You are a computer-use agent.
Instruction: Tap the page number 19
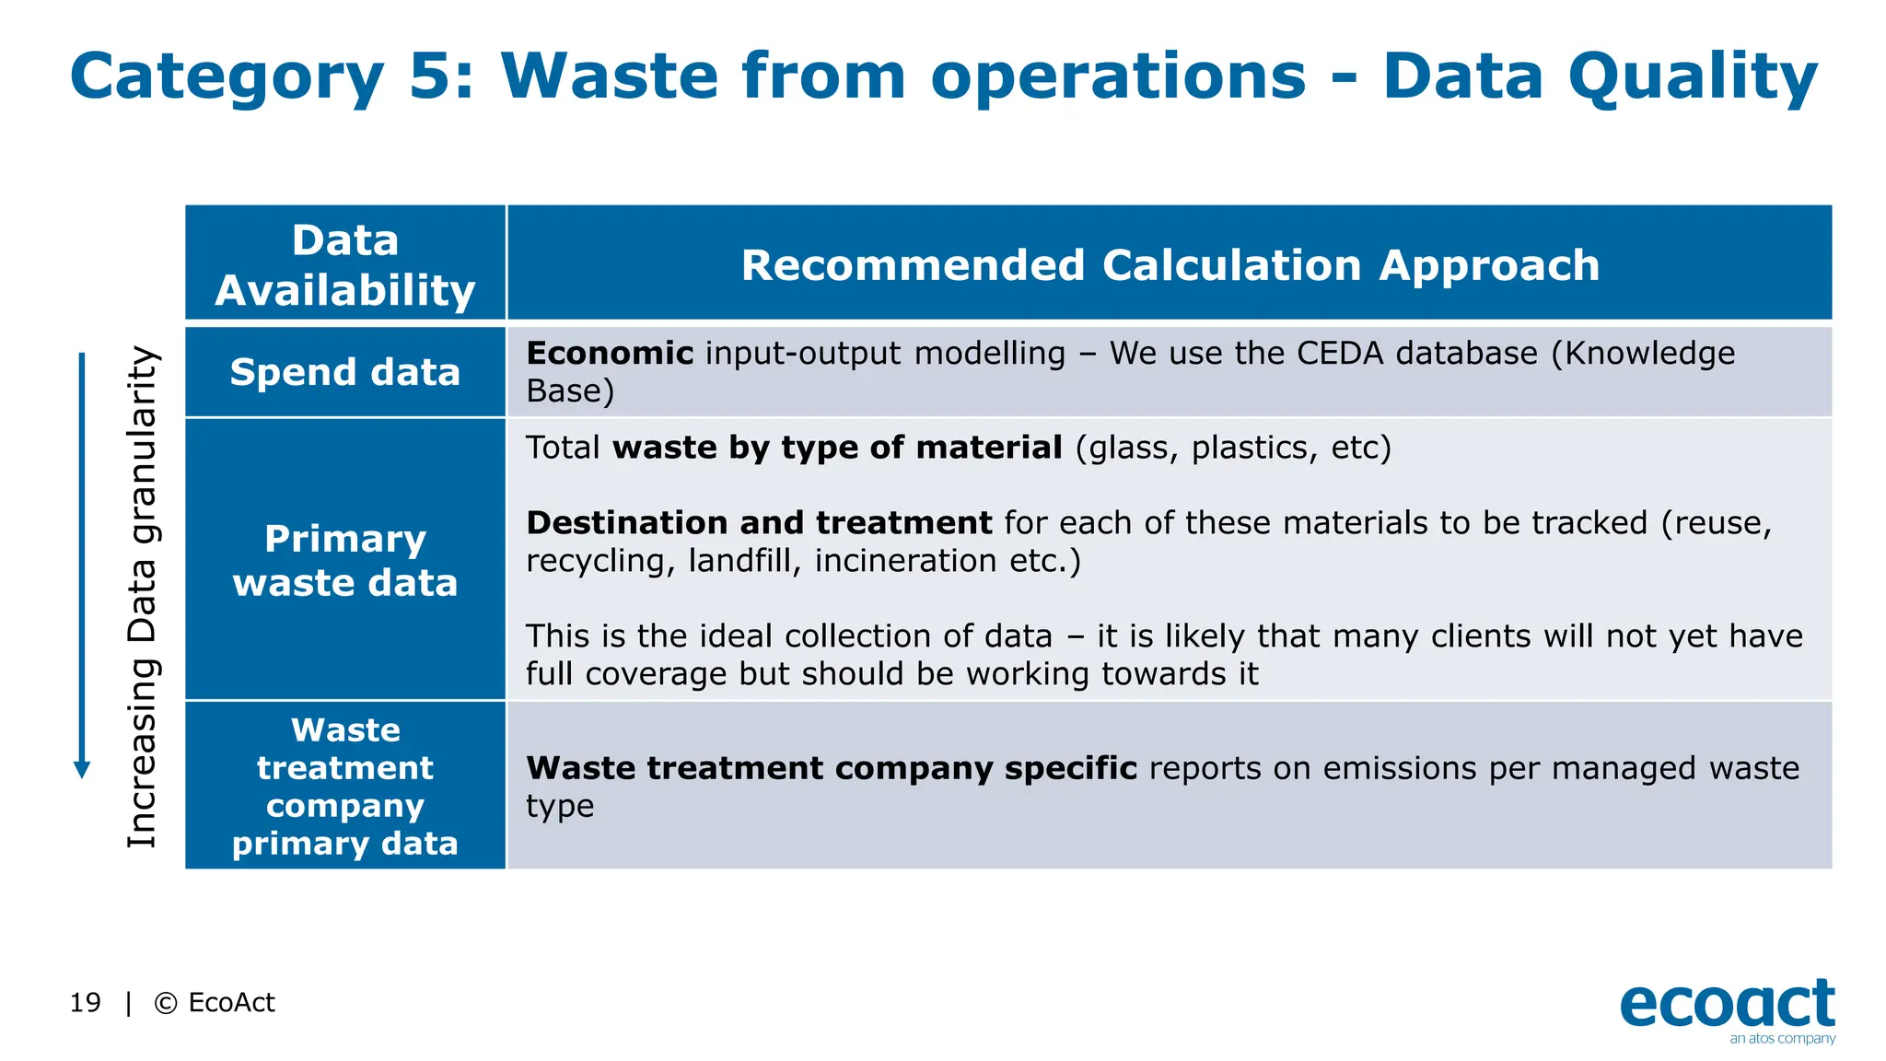pyautogui.click(x=85, y=1002)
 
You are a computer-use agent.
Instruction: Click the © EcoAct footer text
pyautogui.click(x=215, y=1002)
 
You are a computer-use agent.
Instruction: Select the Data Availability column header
pyautogui.click(x=345, y=264)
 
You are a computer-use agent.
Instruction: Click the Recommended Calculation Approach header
pyautogui.click(x=1170, y=265)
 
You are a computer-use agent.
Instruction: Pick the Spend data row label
pyautogui.click(x=345, y=372)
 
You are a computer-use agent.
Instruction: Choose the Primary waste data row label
pyautogui.click(x=345, y=560)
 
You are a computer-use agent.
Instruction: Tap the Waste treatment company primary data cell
pyautogui.click(x=345, y=786)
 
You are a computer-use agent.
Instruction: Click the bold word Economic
pyautogui.click(x=609, y=354)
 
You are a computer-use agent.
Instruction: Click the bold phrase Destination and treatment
pyautogui.click(x=758, y=523)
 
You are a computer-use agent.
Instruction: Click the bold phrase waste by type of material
pyautogui.click(x=837, y=448)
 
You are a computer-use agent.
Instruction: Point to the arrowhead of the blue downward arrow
pyautogui.click(x=82, y=770)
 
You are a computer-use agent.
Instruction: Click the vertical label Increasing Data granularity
pyautogui.click(x=143, y=597)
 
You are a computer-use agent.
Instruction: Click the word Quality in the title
pyautogui.click(x=1693, y=77)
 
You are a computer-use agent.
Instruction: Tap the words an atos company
pyautogui.click(x=1782, y=1039)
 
